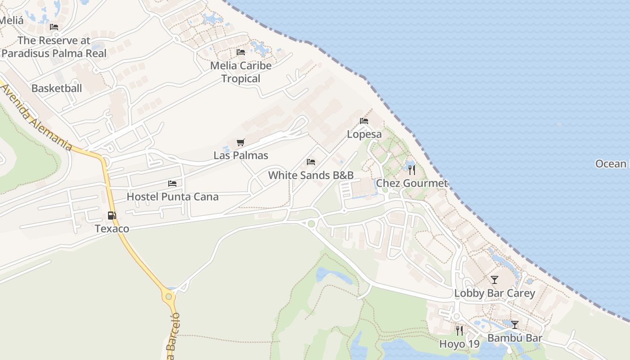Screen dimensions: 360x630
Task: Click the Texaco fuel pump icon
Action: [x=112, y=216]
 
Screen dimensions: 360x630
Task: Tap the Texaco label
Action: [x=112, y=229]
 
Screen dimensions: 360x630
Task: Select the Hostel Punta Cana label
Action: [x=172, y=197]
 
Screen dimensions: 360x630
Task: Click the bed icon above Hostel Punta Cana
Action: [x=172, y=184]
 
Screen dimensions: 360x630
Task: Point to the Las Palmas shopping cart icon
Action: [x=241, y=143]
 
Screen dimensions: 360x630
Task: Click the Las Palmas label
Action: [x=241, y=156]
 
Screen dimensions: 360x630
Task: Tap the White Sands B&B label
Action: [x=311, y=175]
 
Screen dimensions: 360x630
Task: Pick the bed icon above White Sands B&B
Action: [x=311, y=162]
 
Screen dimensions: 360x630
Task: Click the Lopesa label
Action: [x=364, y=134]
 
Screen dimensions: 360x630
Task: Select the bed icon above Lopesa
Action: [x=364, y=121]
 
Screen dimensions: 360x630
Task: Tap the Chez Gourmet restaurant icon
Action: [x=411, y=170]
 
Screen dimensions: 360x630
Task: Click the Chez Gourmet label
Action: [x=412, y=183]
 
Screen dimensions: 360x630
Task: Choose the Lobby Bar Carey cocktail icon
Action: [x=495, y=280]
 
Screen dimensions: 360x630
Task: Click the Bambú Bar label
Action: [x=515, y=338]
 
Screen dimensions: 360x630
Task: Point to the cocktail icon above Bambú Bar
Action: [x=515, y=324]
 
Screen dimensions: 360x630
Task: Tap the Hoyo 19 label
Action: [x=459, y=344]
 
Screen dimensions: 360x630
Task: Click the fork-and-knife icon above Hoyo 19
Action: [x=459, y=331]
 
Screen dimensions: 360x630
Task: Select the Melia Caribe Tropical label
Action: [x=241, y=72]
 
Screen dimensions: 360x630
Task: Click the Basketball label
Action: [x=57, y=88]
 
